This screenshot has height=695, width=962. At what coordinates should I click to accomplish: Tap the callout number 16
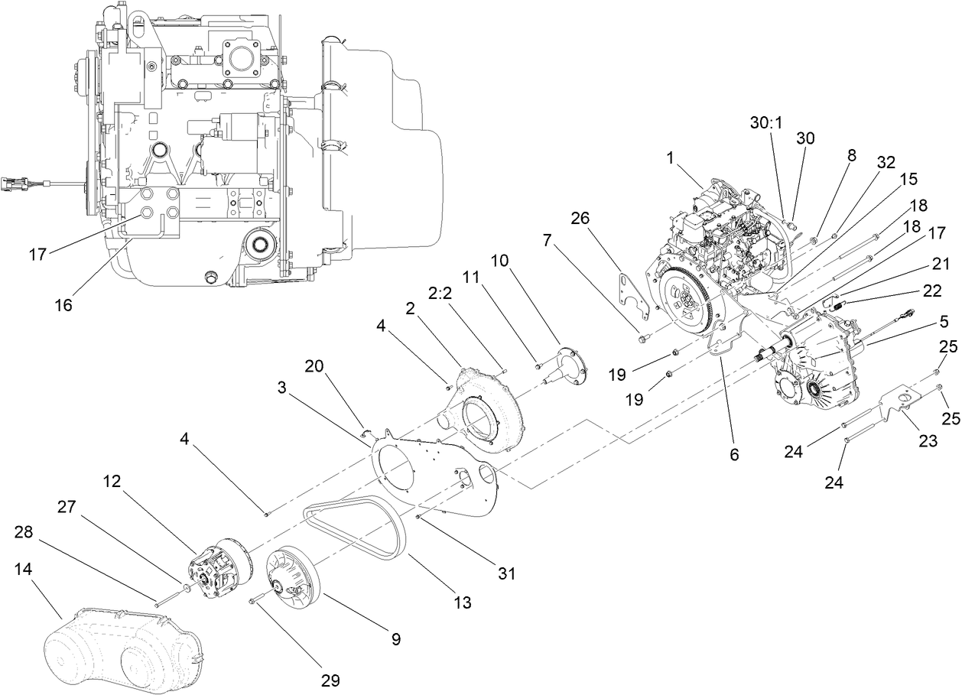point(63,304)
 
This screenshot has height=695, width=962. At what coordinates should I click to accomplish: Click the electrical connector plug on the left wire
point(15,183)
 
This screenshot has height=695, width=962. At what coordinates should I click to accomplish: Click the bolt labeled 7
point(639,336)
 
